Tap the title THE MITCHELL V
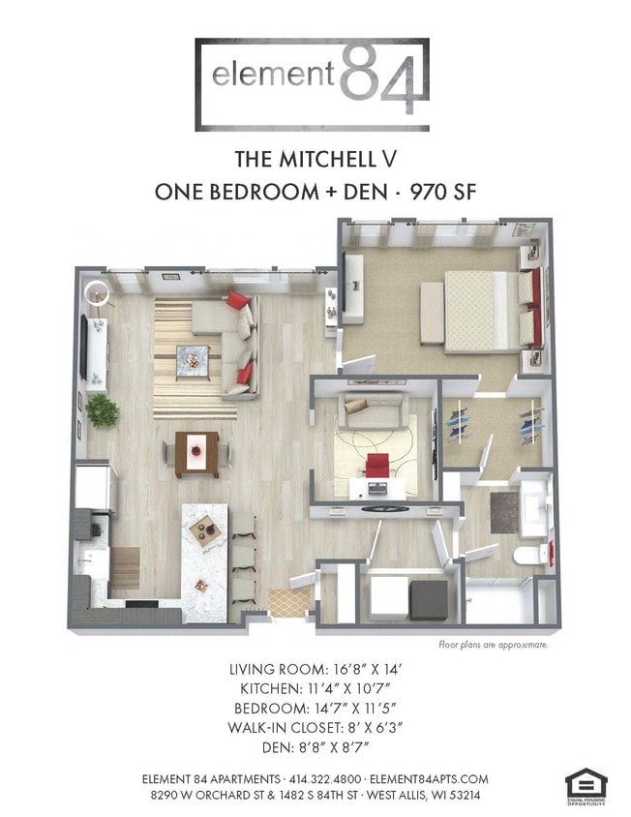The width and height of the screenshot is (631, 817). pos(315,158)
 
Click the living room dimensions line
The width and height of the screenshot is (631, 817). pos(315,669)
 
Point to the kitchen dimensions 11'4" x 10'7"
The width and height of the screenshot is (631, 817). pos(315,688)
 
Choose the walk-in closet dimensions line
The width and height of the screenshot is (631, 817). pos(315,727)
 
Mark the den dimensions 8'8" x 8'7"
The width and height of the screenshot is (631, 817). pos(315,746)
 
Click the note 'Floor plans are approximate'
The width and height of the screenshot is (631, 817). pos(494,644)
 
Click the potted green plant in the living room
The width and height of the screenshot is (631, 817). pos(101,410)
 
